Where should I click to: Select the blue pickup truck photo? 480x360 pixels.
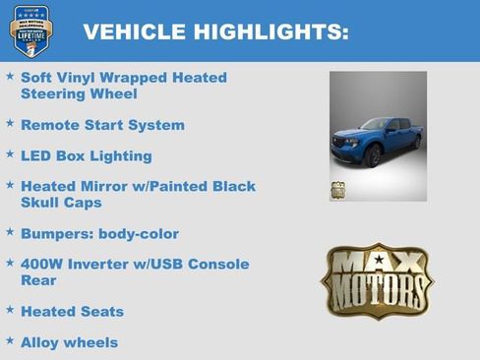378,135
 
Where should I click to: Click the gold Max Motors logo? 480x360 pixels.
377,281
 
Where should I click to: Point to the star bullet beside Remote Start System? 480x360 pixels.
10,125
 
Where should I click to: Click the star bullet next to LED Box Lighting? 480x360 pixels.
10,154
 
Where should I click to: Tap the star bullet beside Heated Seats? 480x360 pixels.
10,311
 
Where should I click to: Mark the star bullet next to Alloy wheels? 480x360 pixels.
10,341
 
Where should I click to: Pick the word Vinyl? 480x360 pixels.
83,78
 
